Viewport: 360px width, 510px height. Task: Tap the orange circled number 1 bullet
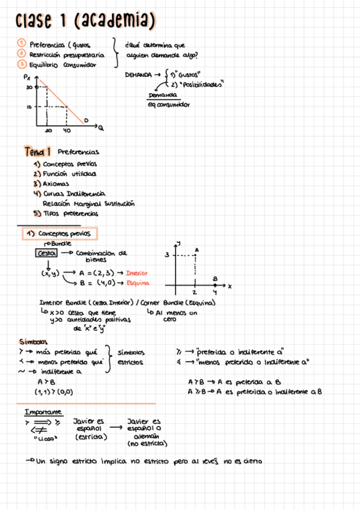coord(20,44)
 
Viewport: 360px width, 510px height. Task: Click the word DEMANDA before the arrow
coord(138,75)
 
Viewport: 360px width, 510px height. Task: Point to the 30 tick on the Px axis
coord(29,87)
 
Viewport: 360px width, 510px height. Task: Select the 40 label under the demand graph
coord(66,130)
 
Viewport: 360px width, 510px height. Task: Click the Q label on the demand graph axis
coord(101,127)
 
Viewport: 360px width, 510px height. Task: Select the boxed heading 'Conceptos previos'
coord(59,233)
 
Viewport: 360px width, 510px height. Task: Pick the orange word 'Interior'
coord(136,273)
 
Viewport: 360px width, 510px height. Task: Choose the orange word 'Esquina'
coord(138,283)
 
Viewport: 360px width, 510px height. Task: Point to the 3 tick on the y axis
coord(168,256)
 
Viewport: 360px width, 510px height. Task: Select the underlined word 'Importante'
coord(43,412)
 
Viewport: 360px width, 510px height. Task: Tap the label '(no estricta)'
coord(147,444)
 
